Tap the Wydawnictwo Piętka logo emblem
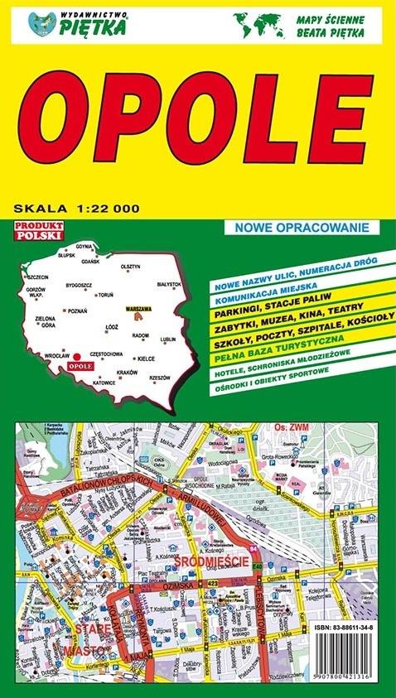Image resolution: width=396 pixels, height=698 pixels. coord(39,23)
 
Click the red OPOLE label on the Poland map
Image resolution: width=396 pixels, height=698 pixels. coord(80,365)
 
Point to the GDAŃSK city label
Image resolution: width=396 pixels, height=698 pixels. coord(89,261)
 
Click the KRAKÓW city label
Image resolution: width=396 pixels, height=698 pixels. coord(127,373)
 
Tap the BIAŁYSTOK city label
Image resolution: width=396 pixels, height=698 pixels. coord(168,284)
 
